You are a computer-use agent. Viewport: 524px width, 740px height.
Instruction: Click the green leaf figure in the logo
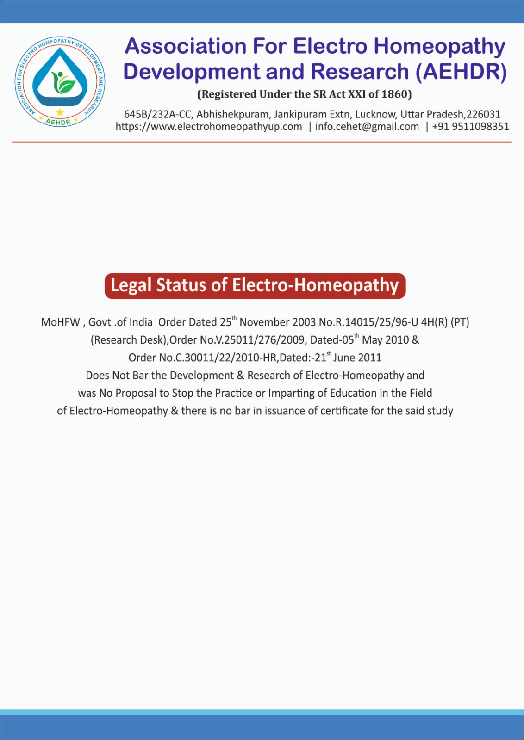tap(62, 82)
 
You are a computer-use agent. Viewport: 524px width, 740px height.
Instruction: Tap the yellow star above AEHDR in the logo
tap(60, 112)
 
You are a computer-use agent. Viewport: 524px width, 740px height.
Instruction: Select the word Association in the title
tap(186, 46)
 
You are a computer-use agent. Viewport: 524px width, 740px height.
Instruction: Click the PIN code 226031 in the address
tap(483, 114)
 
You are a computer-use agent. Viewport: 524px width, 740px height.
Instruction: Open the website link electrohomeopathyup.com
tap(209, 127)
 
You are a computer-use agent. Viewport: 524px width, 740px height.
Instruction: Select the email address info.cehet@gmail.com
tap(367, 127)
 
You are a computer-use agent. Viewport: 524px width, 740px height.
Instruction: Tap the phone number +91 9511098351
tap(470, 127)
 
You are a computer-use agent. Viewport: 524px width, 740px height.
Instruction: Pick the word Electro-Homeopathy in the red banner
tap(315, 285)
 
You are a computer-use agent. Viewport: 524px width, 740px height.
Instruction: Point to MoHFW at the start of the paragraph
tap(60, 322)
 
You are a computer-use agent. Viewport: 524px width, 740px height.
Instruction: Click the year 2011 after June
tap(369, 358)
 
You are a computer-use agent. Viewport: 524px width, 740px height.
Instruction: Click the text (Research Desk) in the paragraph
tap(128, 340)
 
